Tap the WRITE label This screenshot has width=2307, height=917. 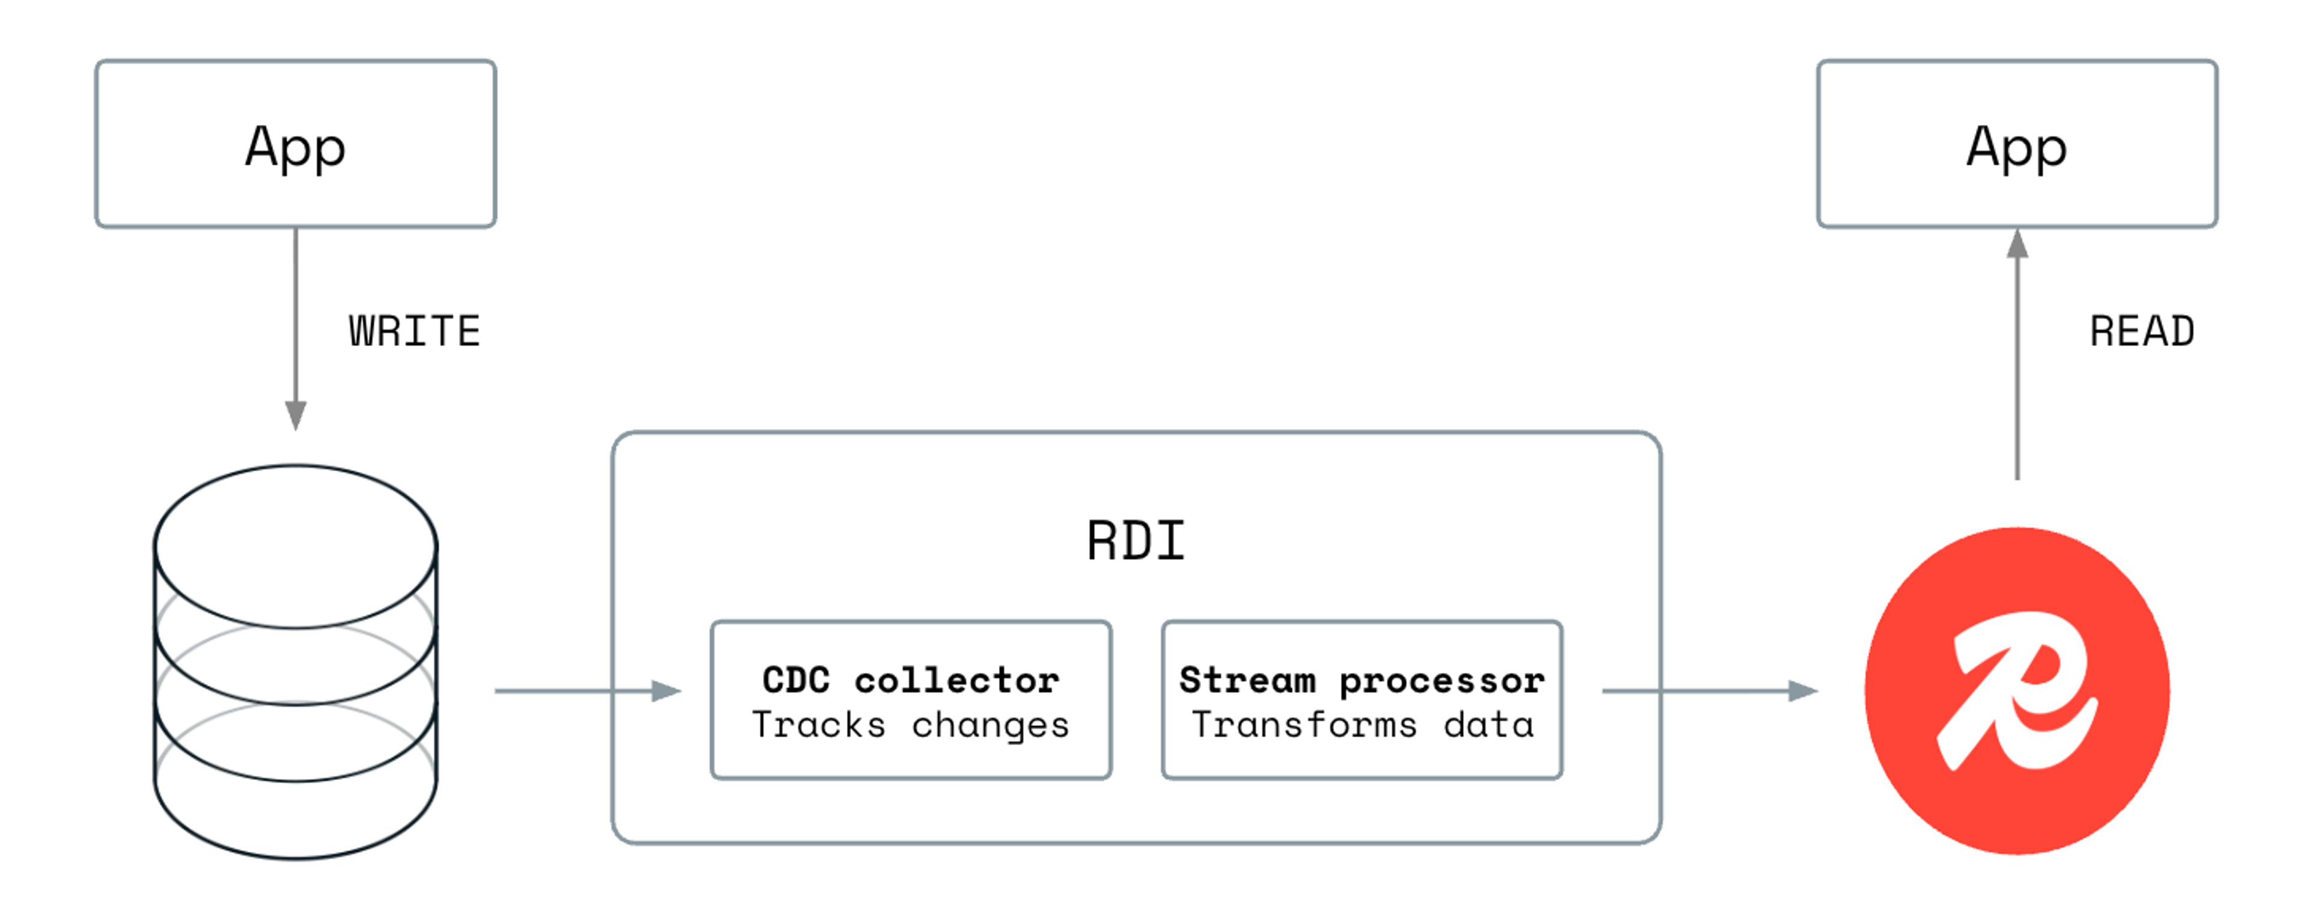click(415, 331)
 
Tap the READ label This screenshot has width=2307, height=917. click(2141, 331)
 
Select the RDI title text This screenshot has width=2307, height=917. click(1135, 541)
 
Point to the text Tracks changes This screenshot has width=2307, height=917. click(911, 725)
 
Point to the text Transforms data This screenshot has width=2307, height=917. click(1361, 725)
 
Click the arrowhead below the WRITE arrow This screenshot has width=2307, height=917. click(296, 415)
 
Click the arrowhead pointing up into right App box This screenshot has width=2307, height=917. click(2017, 243)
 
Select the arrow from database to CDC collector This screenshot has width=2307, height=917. click(582, 690)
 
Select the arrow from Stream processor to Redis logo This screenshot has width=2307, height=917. click(1701, 690)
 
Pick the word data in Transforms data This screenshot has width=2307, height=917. click(1489, 725)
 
